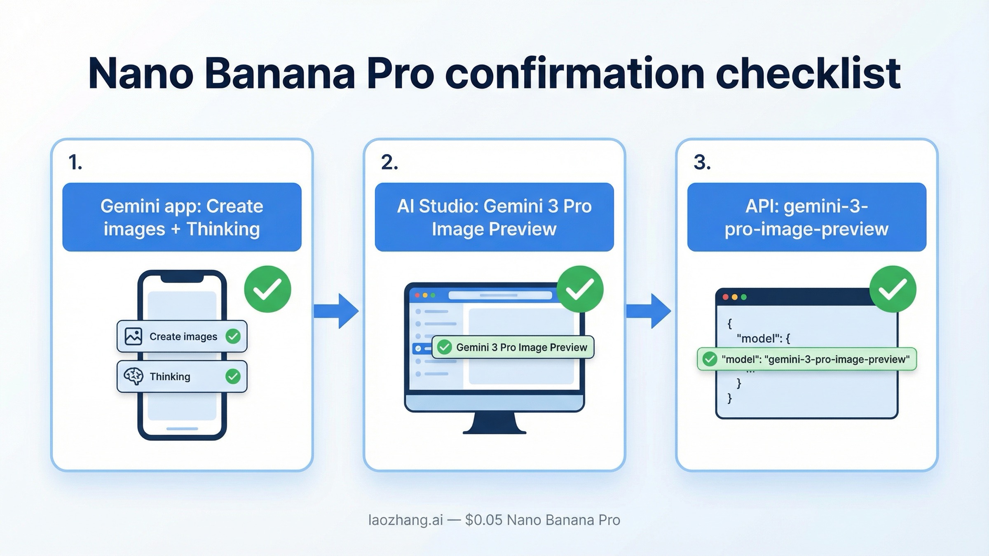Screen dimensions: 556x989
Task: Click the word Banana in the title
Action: pos(279,74)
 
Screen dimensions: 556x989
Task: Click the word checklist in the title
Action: pos(808,74)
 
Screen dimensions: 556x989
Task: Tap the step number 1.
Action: pos(75,162)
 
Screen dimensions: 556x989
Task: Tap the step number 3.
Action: pos(702,162)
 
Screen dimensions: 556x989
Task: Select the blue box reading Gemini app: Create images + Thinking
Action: pos(182,217)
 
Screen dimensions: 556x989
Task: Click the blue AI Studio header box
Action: pos(494,217)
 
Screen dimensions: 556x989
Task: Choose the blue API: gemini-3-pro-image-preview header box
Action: pos(806,217)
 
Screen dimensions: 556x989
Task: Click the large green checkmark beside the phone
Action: pos(267,289)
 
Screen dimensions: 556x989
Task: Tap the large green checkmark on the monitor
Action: pos(580,289)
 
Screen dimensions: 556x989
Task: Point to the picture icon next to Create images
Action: pos(134,336)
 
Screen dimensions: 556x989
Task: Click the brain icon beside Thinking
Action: pos(134,376)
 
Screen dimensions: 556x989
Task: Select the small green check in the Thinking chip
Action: pos(233,376)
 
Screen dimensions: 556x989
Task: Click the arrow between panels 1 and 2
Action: pos(336,311)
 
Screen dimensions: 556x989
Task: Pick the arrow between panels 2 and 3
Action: pos(649,311)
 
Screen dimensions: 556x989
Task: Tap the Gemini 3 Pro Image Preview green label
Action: pos(513,347)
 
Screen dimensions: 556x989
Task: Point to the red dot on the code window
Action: pos(726,297)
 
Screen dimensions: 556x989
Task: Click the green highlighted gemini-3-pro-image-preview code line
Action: pos(806,359)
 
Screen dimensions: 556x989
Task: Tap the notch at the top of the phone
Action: pos(182,278)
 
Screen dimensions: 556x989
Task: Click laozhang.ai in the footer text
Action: pos(405,520)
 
